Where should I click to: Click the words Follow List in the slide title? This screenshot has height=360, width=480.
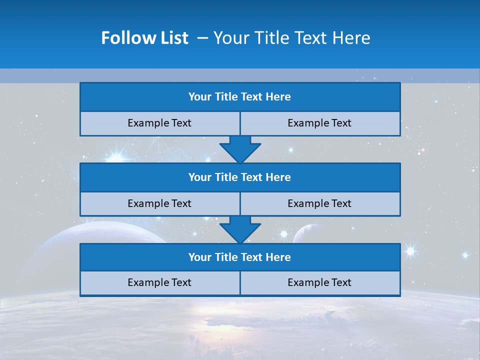tap(144, 38)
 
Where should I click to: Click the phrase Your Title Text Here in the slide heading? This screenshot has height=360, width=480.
tap(291, 38)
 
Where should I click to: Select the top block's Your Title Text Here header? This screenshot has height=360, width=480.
tap(239, 97)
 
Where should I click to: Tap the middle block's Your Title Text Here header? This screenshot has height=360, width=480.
tap(239, 177)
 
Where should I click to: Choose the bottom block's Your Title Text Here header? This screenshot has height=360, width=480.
tap(239, 257)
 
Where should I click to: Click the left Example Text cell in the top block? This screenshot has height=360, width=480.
tap(159, 123)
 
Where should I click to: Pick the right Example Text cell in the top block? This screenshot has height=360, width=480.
tap(319, 123)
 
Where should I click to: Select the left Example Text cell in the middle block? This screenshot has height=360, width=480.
tap(159, 203)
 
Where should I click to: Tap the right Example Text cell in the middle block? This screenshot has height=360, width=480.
tap(319, 203)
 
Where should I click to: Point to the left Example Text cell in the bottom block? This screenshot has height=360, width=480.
tap(159, 282)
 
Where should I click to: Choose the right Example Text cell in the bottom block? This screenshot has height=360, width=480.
tap(319, 282)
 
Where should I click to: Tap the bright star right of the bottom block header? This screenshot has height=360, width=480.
tap(410, 250)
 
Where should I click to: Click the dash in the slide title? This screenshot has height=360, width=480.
tap(203, 38)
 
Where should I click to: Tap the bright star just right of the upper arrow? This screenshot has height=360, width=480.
tap(290, 149)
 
